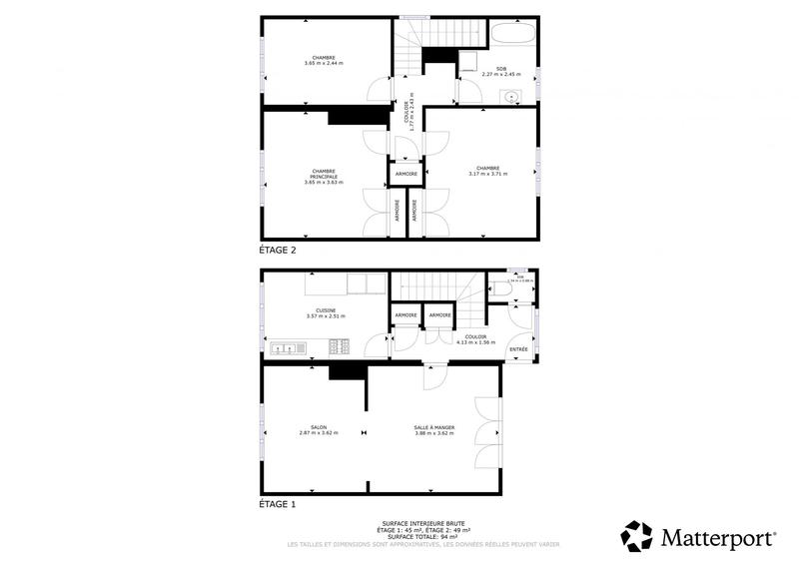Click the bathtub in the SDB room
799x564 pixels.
pos(512,33)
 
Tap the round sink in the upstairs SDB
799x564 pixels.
pos(512,97)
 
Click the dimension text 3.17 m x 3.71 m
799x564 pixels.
pos(487,174)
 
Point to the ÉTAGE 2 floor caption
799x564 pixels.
pos(278,252)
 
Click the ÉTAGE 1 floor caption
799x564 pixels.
pos(278,505)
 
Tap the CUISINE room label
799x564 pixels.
pos(326,310)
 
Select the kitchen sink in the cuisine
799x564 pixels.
pos(284,348)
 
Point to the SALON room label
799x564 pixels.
pos(319,427)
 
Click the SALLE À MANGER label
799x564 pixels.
pos(434,427)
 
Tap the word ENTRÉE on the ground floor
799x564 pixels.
pos(519,349)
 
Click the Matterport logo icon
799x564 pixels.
pos(636,536)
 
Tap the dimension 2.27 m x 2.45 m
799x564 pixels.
pos(502,74)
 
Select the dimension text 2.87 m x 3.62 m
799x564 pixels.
pos(319,433)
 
